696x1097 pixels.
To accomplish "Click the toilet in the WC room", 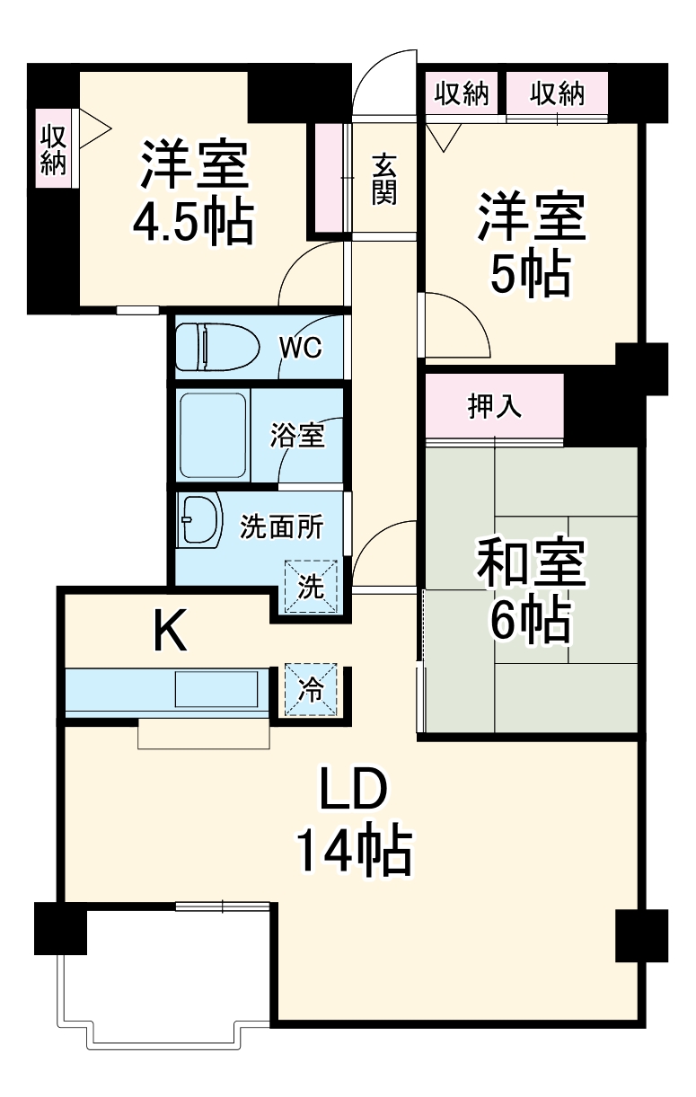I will pyautogui.click(x=216, y=346).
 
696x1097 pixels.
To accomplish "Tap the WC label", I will pyautogui.click(x=300, y=348).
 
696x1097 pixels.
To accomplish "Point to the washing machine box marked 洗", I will pyautogui.click(x=311, y=588).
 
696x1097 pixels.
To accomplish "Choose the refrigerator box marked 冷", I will pyautogui.click(x=311, y=690).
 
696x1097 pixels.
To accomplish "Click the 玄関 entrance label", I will pyautogui.click(x=384, y=179).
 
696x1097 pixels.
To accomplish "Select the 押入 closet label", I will pyautogui.click(x=494, y=407).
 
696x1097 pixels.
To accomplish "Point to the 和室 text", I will pyautogui.click(x=531, y=563).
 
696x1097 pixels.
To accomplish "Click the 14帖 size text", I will pyautogui.click(x=354, y=852).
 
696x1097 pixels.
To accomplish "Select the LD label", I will pyautogui.click(x=354, y=791).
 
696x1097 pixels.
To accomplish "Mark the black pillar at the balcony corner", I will pyautogui.click(x=60, y=929).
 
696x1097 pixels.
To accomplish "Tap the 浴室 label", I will pyautogui.click(x=297, y=437).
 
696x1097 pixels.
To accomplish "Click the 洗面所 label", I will pyautogui.click(x=281, y=528).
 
